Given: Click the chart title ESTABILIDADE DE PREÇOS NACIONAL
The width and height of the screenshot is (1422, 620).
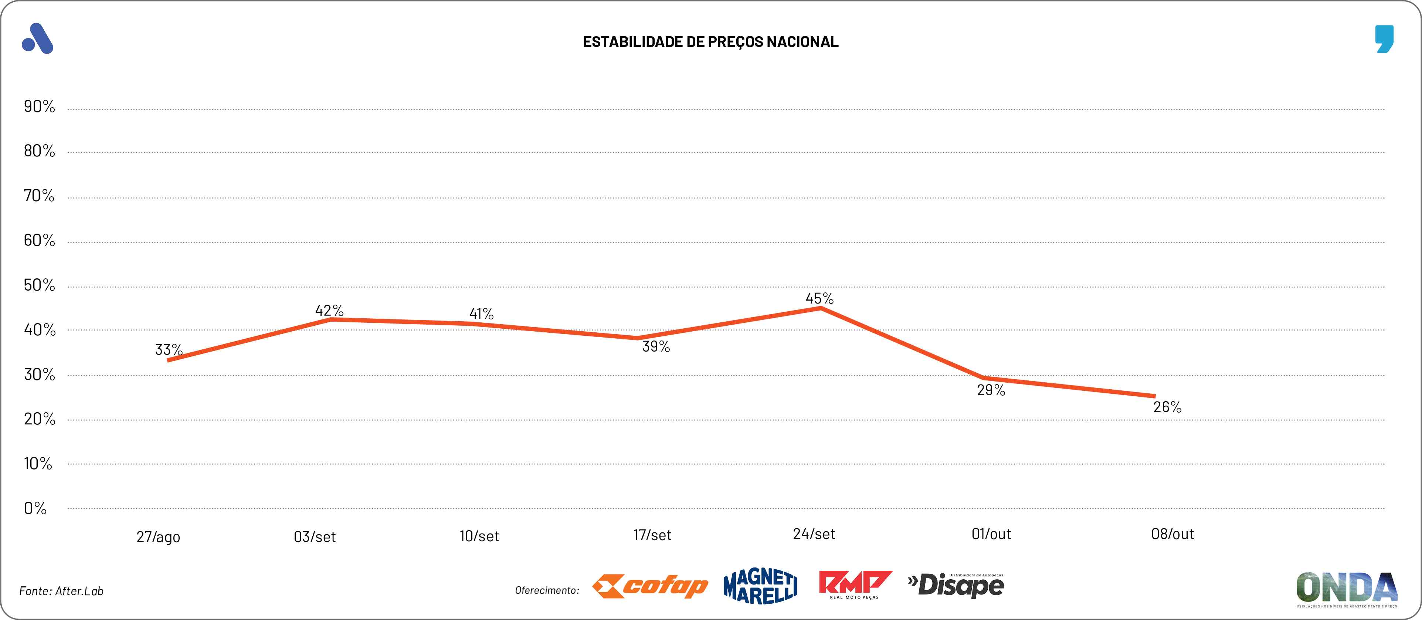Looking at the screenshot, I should point(710,42).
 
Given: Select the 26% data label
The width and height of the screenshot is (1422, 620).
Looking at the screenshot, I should point(1167,407).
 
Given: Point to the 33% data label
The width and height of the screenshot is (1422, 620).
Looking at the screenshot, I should point(168,349).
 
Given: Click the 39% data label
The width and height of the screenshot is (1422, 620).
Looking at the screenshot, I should point(656,347).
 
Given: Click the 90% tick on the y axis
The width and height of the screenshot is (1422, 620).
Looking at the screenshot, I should point(39,106).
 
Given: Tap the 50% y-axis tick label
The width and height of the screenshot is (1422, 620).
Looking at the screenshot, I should point(39,285).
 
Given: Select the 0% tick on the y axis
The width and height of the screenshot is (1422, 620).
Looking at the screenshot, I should point(35,508).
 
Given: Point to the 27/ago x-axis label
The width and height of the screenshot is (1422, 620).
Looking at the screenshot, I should point(159,537).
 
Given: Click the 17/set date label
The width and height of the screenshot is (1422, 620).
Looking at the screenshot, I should point(652,535).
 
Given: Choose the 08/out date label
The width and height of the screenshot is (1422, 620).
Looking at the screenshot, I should point(1172,534).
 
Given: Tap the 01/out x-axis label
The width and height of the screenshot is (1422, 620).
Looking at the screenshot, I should point(991,534).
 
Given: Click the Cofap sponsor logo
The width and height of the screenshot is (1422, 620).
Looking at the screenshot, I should point(650,586).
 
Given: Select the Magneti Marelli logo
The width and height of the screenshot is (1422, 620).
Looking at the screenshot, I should point(760,586).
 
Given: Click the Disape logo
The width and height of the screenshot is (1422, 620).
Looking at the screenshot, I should point(957,585).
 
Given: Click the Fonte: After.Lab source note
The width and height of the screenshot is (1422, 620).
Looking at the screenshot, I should point(61,591).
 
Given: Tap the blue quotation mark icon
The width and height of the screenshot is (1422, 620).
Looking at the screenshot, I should point(1384,39).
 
